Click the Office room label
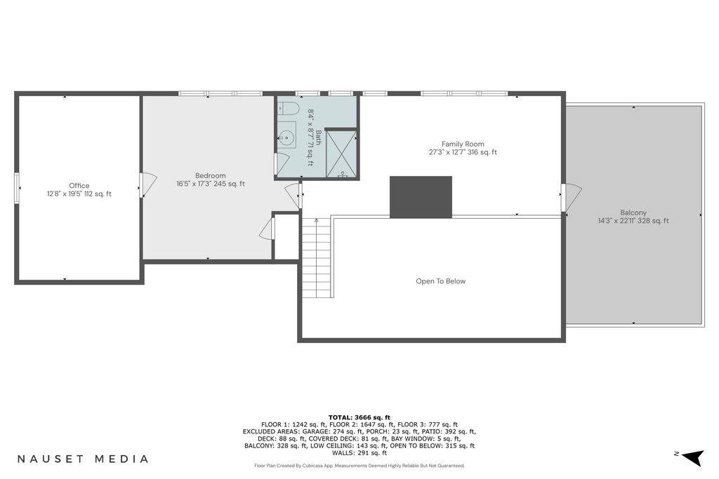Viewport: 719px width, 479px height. coord(79,185)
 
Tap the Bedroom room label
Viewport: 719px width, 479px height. coord(211,175)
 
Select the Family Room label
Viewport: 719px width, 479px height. coord(463,144)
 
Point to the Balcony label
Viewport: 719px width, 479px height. coord(633,212)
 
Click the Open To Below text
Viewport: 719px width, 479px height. coord(441,281)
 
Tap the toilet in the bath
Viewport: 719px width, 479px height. coord(289,109)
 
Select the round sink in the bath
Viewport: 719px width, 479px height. coord(287,136)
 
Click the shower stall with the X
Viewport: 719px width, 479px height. coord(341,154)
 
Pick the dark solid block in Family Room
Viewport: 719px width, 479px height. coord(421,197)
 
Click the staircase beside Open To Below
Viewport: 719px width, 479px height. coord(317,258)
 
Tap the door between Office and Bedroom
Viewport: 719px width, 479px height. coord(148,185)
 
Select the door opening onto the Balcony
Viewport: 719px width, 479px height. coord(572,198)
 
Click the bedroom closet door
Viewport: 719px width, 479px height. coord(267,229)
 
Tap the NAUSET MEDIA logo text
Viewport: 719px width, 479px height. coord(83,459)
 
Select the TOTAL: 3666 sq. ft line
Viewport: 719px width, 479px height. coord(359,417)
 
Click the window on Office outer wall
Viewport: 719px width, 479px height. coord(17,187)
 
